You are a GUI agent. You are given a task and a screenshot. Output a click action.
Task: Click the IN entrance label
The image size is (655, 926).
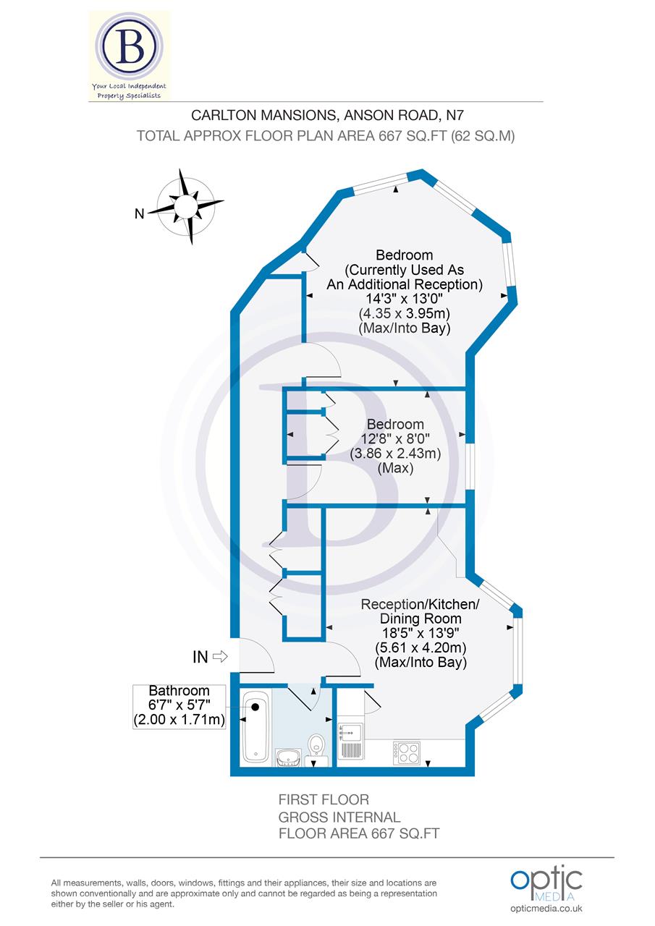[x=200, y=657]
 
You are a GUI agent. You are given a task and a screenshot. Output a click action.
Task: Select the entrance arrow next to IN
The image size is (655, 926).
[x=220, y=657]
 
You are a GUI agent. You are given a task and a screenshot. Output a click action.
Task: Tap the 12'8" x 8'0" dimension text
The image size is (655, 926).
[x=395, y=438]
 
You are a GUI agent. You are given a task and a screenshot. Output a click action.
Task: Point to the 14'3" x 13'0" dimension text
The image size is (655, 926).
[x=405, y=299]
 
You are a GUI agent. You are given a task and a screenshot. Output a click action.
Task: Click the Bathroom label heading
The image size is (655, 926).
[x=179, y=691]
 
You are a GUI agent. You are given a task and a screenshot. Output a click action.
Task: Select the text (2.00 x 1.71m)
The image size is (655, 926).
[x=179, y=720]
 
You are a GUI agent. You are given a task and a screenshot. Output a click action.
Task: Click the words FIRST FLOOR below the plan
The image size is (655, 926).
[x=324, y=799]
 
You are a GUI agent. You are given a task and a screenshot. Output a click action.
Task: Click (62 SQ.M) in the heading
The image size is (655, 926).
[x=482, y=135]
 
